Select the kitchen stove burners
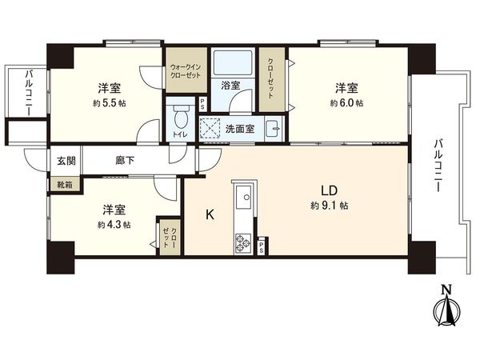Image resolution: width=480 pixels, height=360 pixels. [242, 241]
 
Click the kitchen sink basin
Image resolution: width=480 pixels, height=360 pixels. [243, 194]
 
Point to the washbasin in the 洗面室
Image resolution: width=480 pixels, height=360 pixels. [274, 127]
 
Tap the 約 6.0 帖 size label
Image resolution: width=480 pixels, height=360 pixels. [347, 104]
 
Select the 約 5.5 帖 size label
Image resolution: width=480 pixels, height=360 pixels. [110, 104]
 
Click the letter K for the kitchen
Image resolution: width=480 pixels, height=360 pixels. [210, 214]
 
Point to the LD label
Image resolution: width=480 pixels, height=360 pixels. [330, 191]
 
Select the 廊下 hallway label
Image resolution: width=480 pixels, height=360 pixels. [124, 160]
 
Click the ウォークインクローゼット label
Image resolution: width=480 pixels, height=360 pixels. [186, 70]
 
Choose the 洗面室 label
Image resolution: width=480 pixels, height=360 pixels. [241, 128]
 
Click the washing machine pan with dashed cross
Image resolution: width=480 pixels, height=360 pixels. [209, 128]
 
